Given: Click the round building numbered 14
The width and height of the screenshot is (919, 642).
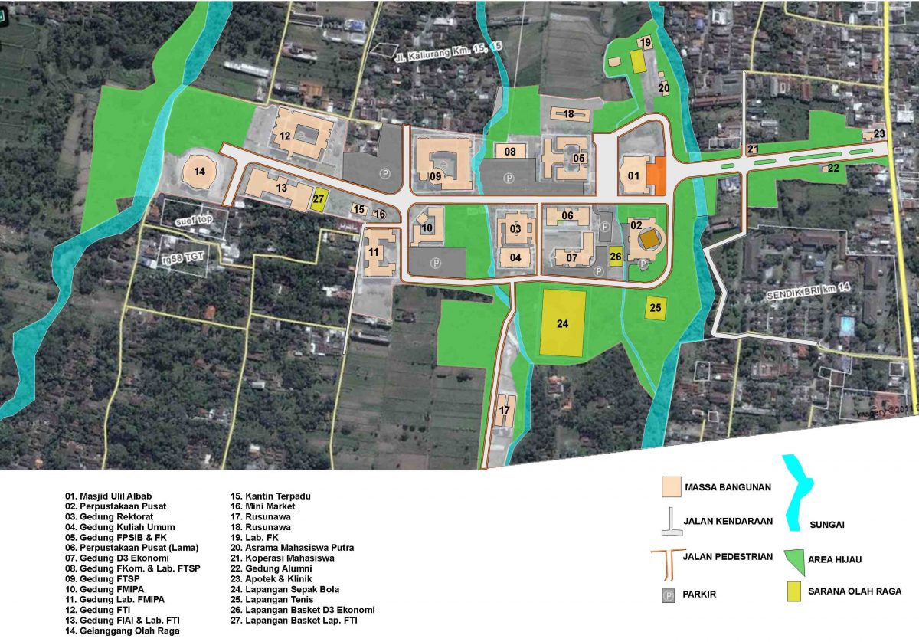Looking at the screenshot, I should pyautogui.click(x=200, y=171).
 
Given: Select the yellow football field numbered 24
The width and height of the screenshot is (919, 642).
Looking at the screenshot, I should pyautogui.click(x=563, y=323).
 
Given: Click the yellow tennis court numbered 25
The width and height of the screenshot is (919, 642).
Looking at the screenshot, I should pyautogui.click(x=656, y=308).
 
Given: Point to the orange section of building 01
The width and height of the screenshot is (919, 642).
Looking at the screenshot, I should pyautogui.click(x=656, y=175).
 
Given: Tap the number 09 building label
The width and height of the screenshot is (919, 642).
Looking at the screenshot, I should pyautogui.click(x=436, y=177).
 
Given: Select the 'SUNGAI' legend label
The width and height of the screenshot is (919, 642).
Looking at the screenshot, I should pyautogui.click(x=827, y=525).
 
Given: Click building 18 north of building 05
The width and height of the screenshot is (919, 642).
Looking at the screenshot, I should pyautogui.click(x=570, y=114).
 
